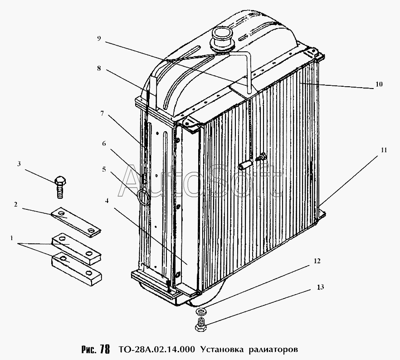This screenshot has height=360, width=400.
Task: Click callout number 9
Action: point(99,39)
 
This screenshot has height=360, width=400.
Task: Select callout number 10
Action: point(379,84)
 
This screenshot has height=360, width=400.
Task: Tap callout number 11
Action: point(384,150)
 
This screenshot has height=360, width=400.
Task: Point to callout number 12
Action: point(317,261)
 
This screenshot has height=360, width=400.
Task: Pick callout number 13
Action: point(320,287)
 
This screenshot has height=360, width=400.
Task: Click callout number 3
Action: point(19,164)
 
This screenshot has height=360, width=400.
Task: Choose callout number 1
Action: point(11,238)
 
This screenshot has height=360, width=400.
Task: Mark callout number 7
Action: point(102,113)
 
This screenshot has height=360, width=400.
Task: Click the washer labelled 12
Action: point(200,311)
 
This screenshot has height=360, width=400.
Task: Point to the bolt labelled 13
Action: point(201,325)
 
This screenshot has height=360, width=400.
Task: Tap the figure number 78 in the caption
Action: point(105,349)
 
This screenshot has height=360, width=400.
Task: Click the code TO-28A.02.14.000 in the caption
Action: point(156,349)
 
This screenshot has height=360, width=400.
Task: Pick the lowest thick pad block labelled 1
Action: point(77,269)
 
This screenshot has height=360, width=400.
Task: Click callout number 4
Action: point(107,201)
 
